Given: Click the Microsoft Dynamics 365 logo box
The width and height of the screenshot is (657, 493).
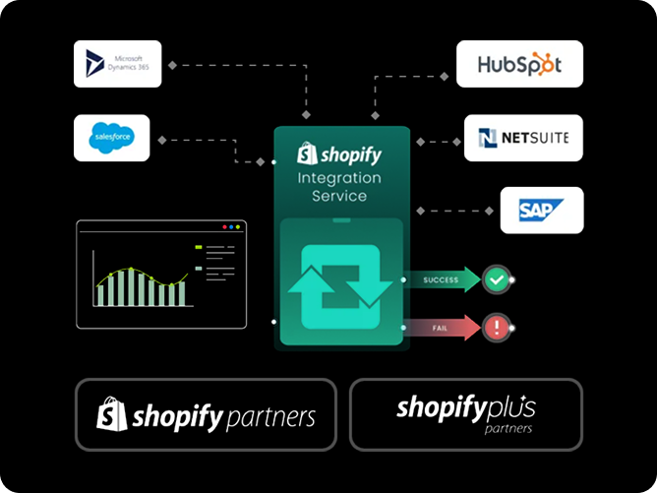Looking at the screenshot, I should pyautogui.click(x=118, y=64).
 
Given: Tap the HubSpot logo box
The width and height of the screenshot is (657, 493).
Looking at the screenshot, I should pyautogui.click(x=519, y=64).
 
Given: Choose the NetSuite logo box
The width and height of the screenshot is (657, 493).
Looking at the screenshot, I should pyautogui.click(x=523, y=138).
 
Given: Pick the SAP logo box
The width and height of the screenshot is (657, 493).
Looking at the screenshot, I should pyautogui.click(x=541, y=210).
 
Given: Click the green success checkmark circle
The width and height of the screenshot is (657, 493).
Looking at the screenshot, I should pyautogui.click(x=497, y=280).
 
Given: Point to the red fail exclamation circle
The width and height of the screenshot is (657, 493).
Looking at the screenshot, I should pyautogui.click(x=497, y=327).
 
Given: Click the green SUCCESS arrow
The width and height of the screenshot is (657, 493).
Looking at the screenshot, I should pyautogui.click(x=442, y=280).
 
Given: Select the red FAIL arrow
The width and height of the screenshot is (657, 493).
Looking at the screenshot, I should pyautogui.click(x=442, y=327).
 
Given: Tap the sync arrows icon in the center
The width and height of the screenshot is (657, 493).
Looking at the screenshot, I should pyautogui.click(x=340, y=281).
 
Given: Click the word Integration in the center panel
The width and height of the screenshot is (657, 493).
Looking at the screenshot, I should pyautogui.click(x=339, y=177).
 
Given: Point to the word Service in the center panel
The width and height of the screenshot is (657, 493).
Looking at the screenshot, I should pyautogui.click(x=339, y=196).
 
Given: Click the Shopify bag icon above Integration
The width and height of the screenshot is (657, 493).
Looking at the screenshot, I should pyautogui.click(x=306, y=154).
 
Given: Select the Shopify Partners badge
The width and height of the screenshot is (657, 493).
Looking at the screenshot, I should pyautogui.click(x=208, y=414).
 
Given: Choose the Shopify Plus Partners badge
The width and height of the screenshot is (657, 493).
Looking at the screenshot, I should pyautogui.click(x=466, y=414).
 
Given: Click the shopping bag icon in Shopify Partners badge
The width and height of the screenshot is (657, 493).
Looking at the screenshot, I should pyautogui.click(x=112, y=414).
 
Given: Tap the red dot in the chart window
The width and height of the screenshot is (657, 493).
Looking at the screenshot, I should pyautogui.click(x=224, y=227).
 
